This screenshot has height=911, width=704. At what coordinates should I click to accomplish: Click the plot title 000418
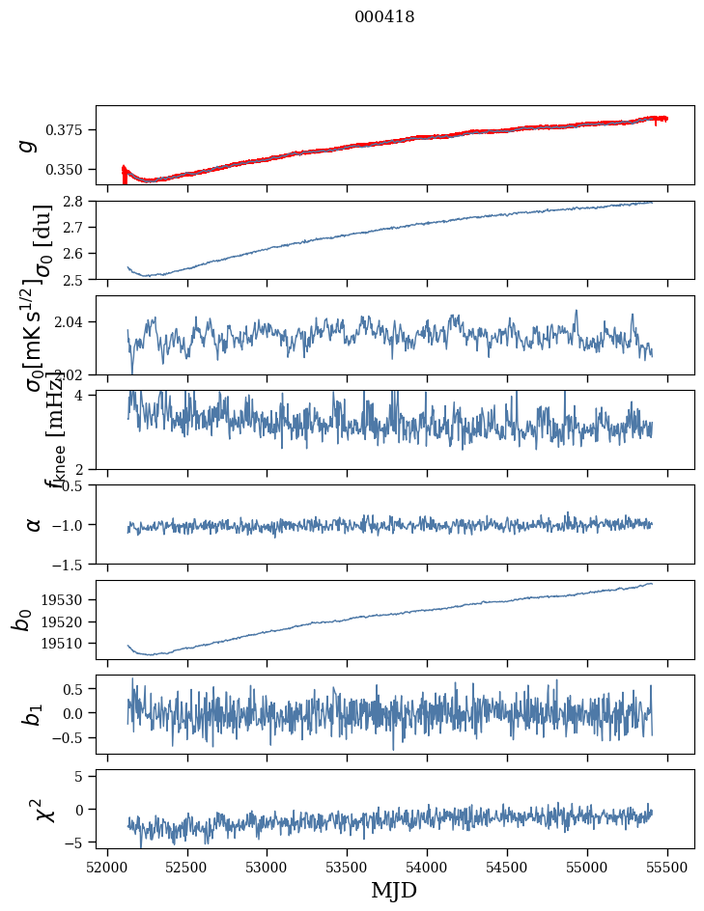[384, 17]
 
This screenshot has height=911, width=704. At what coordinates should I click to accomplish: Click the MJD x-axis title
[394, 890]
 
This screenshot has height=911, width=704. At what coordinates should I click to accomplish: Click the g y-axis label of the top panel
[28, 145]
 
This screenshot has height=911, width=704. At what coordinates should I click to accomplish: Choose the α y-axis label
[34, 524]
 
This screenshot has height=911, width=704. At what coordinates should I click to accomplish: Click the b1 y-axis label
[31, 714]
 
